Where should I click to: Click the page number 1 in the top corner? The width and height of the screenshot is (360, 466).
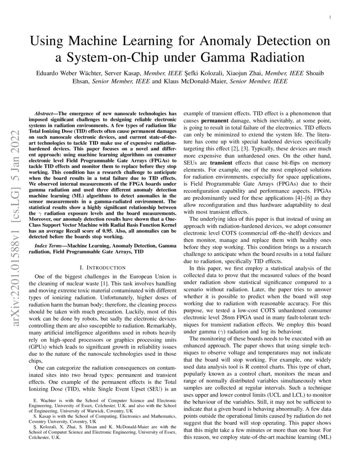coord(329,17)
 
